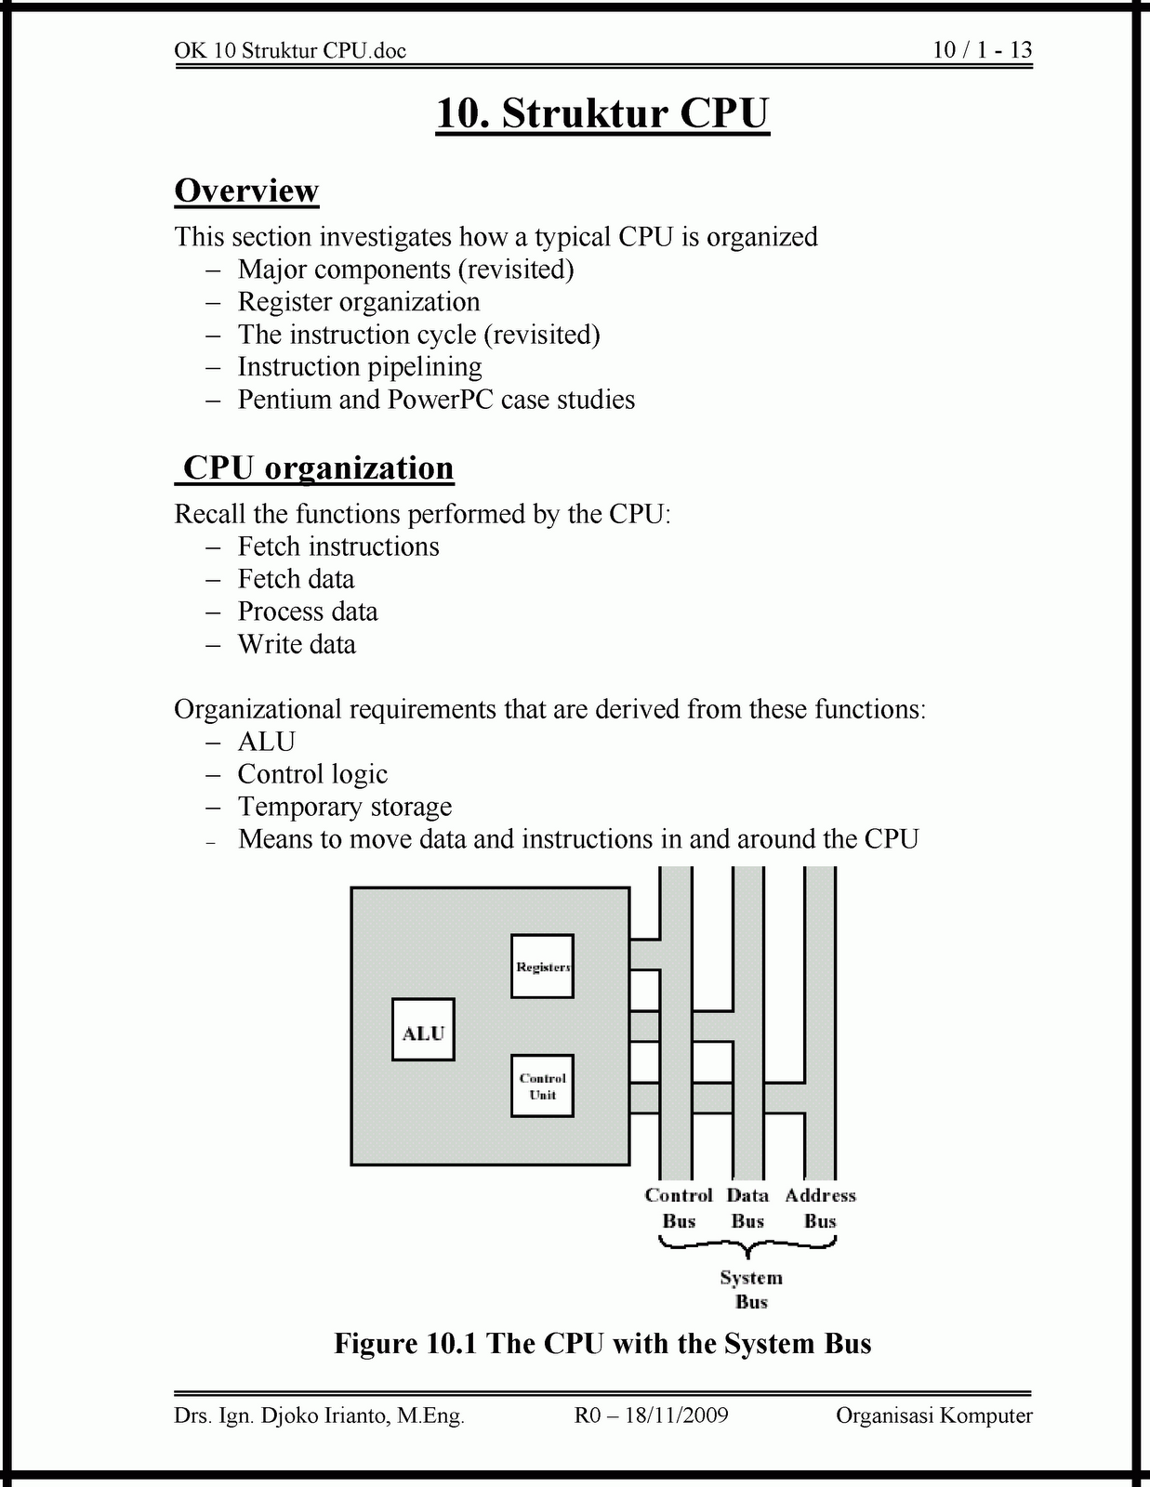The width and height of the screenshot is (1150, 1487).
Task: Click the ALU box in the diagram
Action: [423, 1030]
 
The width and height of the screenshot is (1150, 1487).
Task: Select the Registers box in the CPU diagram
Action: [542, 967]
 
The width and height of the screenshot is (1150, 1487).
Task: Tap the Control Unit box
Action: [542, 1086]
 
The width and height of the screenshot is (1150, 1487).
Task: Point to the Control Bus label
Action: [679, 1208]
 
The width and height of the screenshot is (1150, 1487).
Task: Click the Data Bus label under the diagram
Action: [747, 1208]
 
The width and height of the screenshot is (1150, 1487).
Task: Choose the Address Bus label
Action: [820, 1208]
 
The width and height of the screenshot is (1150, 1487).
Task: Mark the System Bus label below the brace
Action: [751, 1290]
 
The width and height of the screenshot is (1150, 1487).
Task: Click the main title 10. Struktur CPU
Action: [602, 113]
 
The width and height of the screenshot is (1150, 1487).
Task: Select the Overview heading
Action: [246, 191]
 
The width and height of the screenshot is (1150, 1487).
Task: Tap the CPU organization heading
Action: [317, 467]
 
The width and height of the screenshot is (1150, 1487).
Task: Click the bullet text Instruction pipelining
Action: [360, 367]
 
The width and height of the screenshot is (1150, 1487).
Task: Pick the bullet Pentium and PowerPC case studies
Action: [436, 400]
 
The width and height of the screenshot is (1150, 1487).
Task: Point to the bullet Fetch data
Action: [296, 579]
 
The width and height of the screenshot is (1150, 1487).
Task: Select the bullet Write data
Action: [297, 644]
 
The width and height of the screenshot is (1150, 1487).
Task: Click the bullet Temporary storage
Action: [345, 807]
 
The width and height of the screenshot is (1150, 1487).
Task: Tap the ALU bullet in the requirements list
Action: [267, 742]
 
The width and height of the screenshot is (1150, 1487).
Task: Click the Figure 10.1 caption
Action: [602, 1344]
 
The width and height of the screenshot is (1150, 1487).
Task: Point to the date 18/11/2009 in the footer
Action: [676, 1415]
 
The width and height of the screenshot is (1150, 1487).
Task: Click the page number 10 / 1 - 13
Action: [983, 50]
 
